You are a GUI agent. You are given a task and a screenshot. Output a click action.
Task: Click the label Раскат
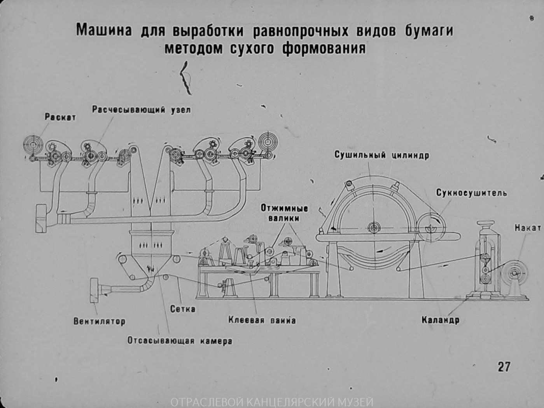(x=60, y=117)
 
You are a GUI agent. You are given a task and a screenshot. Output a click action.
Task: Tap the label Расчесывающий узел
(x=141, y=110)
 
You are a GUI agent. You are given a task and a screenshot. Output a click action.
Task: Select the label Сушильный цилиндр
(x=381, y=155)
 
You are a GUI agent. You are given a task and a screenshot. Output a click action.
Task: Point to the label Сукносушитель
(x=471, y=193)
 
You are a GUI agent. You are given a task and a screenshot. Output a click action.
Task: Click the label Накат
(x=528, y=228)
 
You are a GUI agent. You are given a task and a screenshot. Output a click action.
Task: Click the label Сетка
(x=183, y=309)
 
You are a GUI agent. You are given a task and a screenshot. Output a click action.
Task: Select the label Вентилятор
(x=100, y=321)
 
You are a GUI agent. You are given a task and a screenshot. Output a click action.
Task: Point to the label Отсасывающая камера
(x=180, y=341)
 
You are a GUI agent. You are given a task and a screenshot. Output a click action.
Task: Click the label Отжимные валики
(x=284, y=213)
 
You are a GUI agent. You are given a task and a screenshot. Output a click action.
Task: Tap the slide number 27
(x=504, y=366)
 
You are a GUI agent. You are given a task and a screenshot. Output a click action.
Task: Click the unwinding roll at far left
(x=33, y=145)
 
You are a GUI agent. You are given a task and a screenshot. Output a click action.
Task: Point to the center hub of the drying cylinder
(x=374, y=228)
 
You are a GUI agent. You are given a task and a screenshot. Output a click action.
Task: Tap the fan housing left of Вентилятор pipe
(x=94, y=290)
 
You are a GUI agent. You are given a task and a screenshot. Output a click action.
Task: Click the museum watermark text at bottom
(x=272, y=402)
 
